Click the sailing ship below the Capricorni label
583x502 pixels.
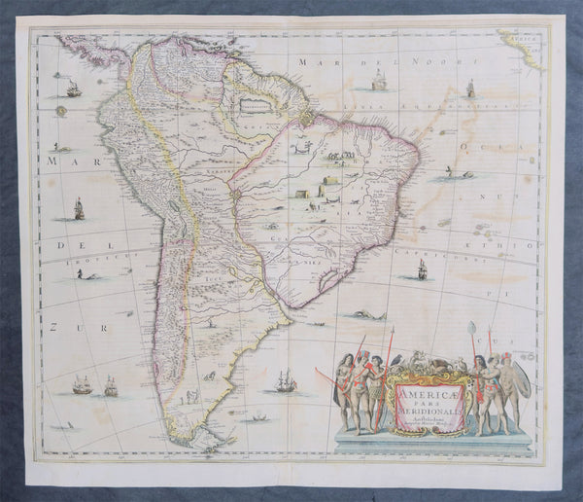[422, 269]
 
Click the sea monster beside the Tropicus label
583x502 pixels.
[87, 275]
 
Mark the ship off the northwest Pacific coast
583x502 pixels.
[73, 89]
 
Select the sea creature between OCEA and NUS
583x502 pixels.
[448, 172]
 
